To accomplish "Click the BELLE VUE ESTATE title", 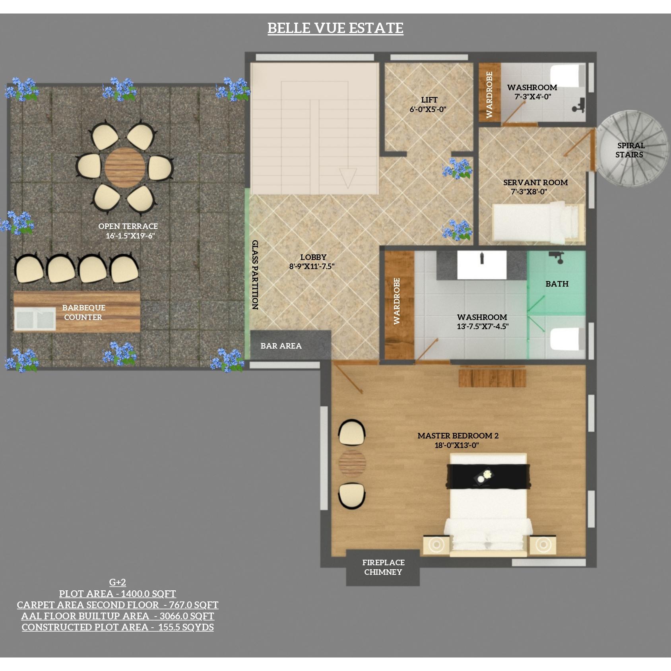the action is tap(335, 28).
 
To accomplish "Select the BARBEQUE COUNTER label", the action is tap(83, 312).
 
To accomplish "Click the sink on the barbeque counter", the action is tap(35, 319).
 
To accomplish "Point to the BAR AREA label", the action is tap(281, 346).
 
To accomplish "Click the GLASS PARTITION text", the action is tap(255, 275).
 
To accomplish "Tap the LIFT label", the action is tap(429, 100).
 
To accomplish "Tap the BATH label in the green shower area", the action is tap(557, 284).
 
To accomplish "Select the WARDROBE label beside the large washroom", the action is tap(397, 301).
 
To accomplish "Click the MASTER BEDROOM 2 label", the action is tap(458, 436).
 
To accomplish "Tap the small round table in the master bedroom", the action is tap(352, 463).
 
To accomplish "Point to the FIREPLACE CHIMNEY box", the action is tap(383, 568).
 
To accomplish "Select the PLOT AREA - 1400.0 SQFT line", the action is tap(118, 594).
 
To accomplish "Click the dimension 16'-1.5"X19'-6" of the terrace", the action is tap(130, 236).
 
